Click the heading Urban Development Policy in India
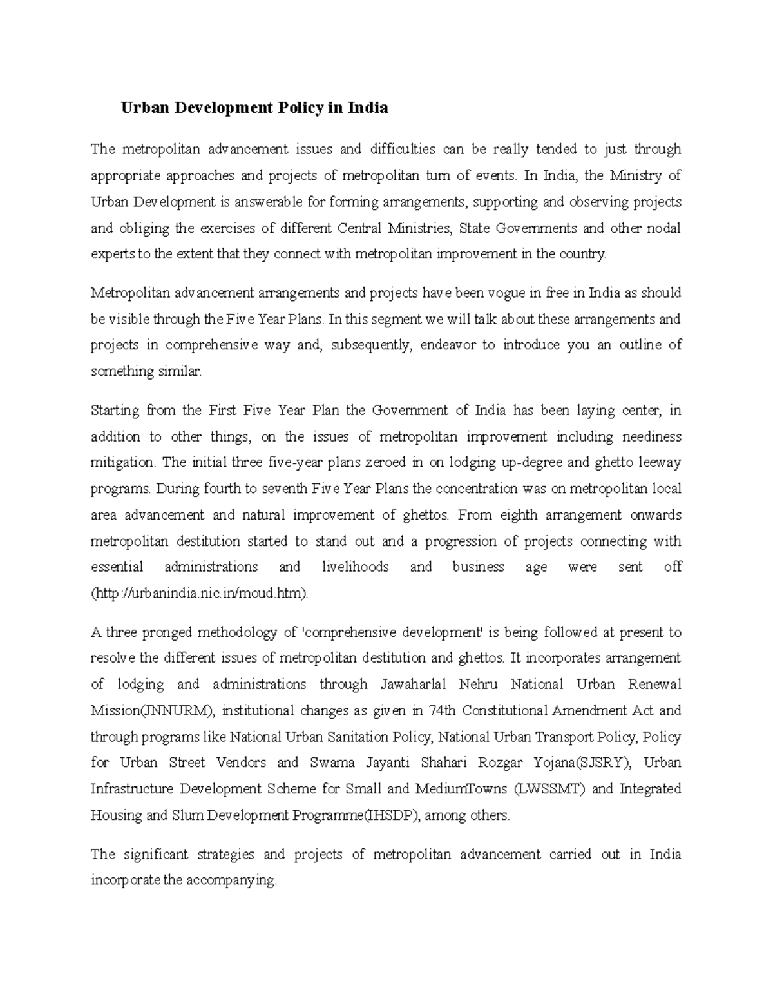pyautogui.click(x=254, y=108)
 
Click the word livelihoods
pyautogui.click(x=355, y=567)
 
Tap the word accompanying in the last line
pyautogui.click(x=231, y=880)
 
